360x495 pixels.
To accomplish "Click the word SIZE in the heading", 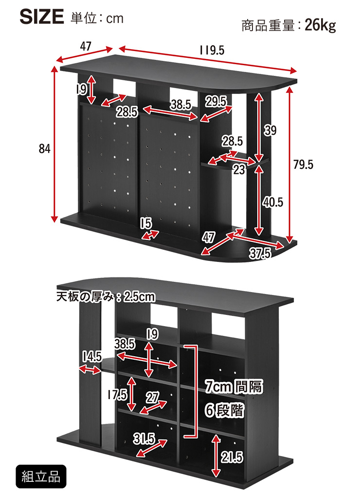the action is point(42,17).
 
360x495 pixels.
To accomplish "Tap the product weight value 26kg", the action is point(320,25).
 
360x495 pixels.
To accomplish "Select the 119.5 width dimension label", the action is point(212,50).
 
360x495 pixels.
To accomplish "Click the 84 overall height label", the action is point(44,148).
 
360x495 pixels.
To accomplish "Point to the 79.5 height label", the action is point(303,165).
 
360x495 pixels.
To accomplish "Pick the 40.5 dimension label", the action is point(273,202).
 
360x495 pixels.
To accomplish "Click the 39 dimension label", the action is point(270,130).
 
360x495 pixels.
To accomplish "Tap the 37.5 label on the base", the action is point(260,253).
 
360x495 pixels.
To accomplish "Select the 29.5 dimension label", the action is point(216,101).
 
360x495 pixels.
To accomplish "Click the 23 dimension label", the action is point(239,169).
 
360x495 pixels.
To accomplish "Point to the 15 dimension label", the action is point(146,223).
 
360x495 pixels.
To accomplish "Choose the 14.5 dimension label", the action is point(92,357).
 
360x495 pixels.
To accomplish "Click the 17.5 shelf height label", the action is point(117,395).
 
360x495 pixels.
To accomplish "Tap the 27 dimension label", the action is point(152,398).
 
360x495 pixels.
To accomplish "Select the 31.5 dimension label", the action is point(144,439).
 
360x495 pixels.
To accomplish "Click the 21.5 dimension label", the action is point(232,457).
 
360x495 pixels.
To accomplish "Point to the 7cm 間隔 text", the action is point(234,386).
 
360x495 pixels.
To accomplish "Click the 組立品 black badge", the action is point(41,477).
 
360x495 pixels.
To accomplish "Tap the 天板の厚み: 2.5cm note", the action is point(106,297).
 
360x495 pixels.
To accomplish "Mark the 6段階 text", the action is point(224,410).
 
